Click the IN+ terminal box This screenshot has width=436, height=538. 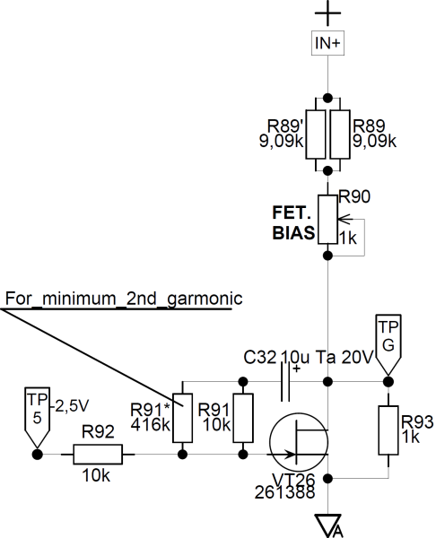click(327, 43)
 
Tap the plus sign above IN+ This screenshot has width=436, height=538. click(327, 13)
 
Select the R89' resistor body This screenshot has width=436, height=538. click(316, 134)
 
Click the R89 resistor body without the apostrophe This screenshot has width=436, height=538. click(340, 134)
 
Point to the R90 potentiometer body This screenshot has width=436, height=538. click(327, 220)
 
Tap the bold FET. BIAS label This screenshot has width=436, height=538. click(293, 223)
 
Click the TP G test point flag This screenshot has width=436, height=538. click(388, 344)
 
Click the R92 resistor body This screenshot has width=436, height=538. click(98, 455)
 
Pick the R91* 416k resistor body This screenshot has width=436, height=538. click(182, 418)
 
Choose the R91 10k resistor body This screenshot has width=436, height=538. click(243, 418)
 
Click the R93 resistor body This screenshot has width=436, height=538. click(388, 430)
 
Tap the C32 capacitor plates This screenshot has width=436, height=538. click(285, 382)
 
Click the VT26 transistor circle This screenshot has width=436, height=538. click(299, 442)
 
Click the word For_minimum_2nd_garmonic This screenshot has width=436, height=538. click(124, 299)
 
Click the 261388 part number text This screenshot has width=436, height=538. click(285, 492)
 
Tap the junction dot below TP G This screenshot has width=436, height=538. click(388, 382)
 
